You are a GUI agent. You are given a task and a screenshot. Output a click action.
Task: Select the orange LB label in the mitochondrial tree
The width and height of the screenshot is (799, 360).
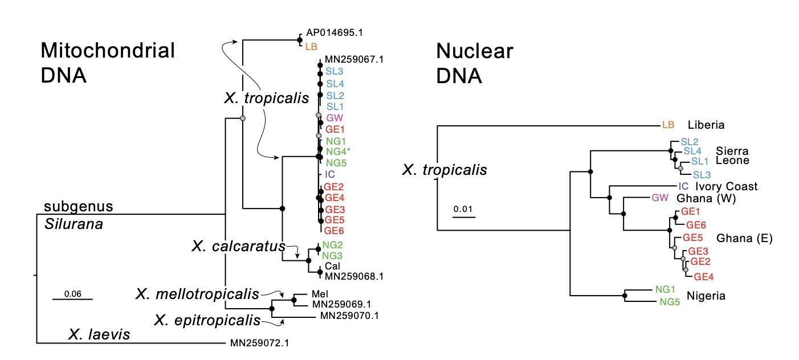click(x=311, y=46)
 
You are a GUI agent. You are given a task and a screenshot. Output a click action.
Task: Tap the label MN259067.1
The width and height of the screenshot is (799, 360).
click(x=353, y=59)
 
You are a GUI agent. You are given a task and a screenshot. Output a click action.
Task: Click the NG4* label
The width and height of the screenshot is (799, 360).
click(x=337, y=152)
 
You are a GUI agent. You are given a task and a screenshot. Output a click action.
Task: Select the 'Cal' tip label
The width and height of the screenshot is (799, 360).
click(x=332, y=266)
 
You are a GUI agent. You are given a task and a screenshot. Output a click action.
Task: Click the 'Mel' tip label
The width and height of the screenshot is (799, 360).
click(x=319, y=294)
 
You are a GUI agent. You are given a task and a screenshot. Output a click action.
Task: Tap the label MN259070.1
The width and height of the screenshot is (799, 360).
click(x=349, y=315)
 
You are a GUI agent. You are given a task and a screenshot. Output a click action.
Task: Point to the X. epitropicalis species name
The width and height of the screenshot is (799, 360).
click(x=207, y=320)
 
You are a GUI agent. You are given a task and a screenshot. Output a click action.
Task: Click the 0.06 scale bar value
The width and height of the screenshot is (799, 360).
click(x=72, y=294)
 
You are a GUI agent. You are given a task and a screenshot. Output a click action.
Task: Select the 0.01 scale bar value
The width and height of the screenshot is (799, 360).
click(x=463, y=208)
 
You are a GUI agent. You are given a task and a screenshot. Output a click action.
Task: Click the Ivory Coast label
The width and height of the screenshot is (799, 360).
click(x=726, y=186)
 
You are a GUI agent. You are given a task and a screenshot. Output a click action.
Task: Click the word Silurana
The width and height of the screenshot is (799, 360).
click(x=74, y=224)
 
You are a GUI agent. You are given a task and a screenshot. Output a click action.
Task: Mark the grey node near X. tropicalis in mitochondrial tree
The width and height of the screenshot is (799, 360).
click(x=243, y=118)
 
